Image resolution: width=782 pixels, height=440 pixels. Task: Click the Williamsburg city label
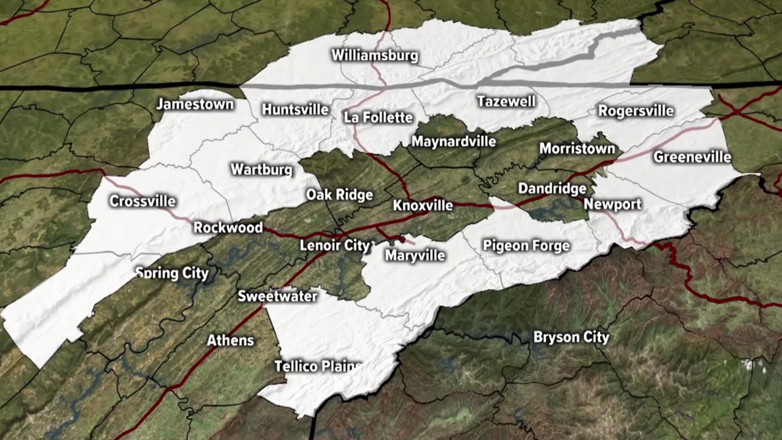coord(375,56)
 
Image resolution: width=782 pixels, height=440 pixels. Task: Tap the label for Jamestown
coord(195,105)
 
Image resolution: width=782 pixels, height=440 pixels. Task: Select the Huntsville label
coord(295,110)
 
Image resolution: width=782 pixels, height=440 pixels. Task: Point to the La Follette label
coord(378,117)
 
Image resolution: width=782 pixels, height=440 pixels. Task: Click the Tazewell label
coord(506,102)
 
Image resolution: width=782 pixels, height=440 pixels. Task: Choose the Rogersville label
coord(636,111)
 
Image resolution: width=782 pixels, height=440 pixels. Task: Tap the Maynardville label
coord(453,142)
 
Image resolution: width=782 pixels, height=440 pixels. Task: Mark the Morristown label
coord(577,148)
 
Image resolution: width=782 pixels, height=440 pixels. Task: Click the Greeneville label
coord(692,157)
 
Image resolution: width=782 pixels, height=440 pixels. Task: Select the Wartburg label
coord(261,169)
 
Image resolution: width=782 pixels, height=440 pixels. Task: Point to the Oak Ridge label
coord(340,195)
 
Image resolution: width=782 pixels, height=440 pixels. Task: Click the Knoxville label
coord(423,206)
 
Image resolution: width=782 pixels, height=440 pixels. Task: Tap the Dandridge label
coord(552,188)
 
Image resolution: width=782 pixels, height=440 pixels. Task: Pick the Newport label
coord(613,204)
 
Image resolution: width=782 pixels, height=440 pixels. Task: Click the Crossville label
coord(143,202)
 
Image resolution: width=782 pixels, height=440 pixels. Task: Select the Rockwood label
coord(228,227)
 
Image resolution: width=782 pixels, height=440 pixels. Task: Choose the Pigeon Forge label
coord(526,245)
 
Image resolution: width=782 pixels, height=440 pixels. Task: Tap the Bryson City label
coord(571,337)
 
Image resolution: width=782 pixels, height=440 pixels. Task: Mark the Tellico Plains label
coord(318,367)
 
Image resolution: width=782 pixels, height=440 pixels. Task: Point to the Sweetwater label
coord(277,297)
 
